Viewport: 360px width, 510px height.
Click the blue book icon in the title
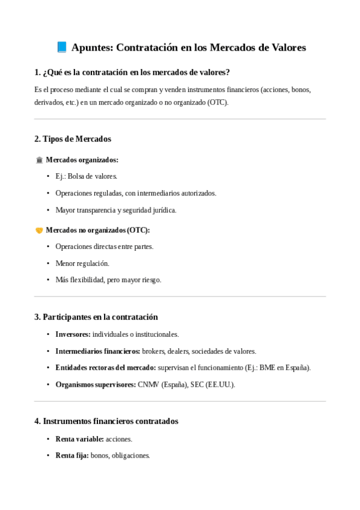tap(61, 47)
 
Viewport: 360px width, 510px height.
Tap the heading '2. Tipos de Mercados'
tap(73, 139)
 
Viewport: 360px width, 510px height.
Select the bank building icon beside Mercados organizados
tap(39, 160)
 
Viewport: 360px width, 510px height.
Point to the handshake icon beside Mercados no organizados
tap(39, 230)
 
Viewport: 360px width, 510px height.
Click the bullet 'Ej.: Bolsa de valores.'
tap(86, 176)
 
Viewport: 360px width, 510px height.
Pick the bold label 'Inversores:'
tap(73, 334)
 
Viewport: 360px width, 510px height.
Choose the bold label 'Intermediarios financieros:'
tap(97, 351)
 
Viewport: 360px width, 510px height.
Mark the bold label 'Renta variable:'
tap(79, 439)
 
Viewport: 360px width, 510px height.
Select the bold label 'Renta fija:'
tap(72, 456)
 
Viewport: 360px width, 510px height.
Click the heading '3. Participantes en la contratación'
tap(96, 317)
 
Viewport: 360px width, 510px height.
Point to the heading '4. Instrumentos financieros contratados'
tap(106, 422)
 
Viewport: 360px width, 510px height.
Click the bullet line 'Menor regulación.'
tap(82, 263)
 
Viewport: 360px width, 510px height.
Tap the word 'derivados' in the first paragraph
tap(49, 102)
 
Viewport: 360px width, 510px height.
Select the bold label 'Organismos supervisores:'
tap(96, 384)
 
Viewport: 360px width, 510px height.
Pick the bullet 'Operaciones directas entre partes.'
tap(105, 247)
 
